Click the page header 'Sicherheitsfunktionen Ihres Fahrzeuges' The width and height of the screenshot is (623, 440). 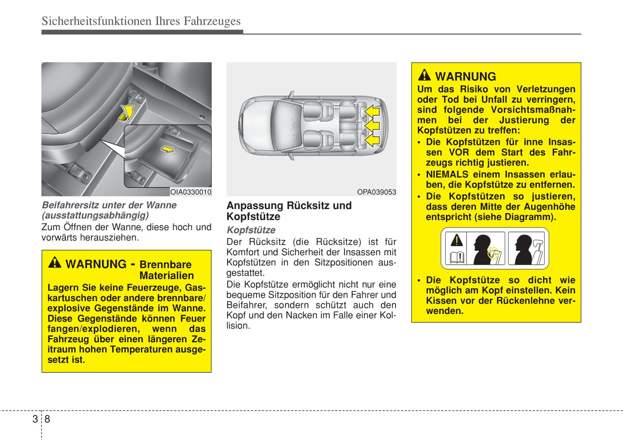(141, 21)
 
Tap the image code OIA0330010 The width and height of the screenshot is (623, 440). (190, 192)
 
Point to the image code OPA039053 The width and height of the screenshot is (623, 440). (376, 192)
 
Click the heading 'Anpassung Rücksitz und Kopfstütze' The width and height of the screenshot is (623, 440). (289, 211)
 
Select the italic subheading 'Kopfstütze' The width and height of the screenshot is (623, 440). (251, 230)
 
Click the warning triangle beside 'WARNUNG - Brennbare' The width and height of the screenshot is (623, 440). (55, 262)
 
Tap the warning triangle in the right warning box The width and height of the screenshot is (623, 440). (424, 75)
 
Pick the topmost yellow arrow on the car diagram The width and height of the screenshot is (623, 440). (372, 112)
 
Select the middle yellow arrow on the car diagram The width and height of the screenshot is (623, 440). (372, 126)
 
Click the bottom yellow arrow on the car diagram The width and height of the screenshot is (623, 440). (372, 140)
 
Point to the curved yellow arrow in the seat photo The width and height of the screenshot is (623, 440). (126, 113)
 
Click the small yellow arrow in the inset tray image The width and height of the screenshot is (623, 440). (167, 149)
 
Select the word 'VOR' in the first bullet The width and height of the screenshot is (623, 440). (459, 152)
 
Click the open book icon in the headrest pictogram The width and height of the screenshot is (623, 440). (457, 257)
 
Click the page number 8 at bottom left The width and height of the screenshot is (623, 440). (47, 419)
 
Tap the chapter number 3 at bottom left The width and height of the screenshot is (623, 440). (35, 419)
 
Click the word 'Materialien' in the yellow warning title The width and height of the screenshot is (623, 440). (166, 275)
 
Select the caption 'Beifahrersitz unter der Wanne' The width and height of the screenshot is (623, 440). (109, 205)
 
